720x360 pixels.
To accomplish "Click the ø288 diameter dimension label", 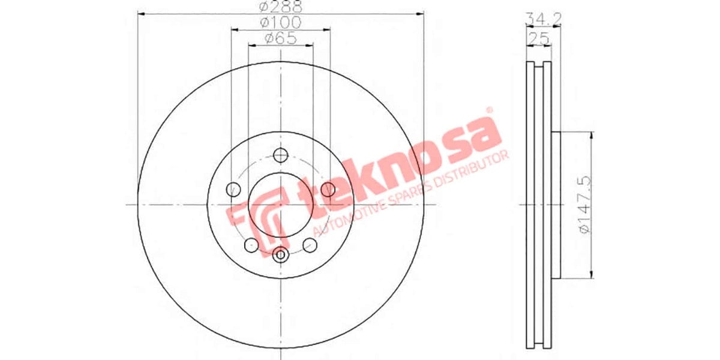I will click(280, 8).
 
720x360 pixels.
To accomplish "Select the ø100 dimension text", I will click(280, 23).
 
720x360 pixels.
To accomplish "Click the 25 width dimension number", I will click(539, 39).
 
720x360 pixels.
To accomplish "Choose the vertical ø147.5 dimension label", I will click(581, 205).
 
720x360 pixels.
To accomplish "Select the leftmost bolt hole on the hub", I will click(233, 190).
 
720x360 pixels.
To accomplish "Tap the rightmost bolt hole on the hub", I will click(328, 190).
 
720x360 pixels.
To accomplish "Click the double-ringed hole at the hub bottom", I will click(280, 255).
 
